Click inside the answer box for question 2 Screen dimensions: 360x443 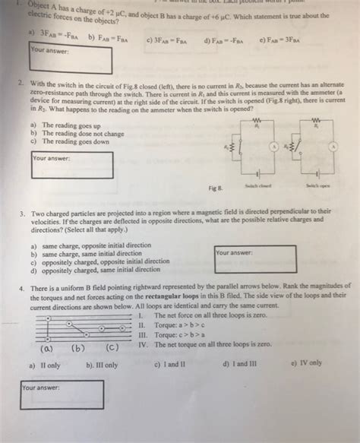[72, 165]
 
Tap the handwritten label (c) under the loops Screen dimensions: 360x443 [112, 349]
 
